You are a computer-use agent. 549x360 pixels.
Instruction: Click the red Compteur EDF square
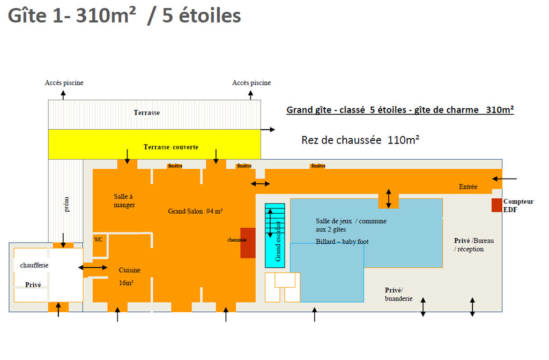click(x=496, y=205)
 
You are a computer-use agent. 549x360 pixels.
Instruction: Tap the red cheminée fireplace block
click(x=248, y=243)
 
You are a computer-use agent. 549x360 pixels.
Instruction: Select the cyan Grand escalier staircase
click(x=275, y=236)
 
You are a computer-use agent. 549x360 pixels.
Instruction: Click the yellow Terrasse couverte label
click(x=171, y=147)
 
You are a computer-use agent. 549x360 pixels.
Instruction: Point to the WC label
click(x=99, y=239)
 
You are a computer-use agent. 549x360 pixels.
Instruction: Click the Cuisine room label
click(x=130, y=270)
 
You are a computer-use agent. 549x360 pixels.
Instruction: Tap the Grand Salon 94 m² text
click(x=195, y=211)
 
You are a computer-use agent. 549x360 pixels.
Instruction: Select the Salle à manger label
click(x=124, y=201)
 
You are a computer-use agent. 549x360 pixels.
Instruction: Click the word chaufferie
click(x=34, y=265)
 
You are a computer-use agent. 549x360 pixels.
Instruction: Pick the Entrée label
click(x=468, y=187)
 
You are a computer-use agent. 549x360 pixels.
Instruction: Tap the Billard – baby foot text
click(x=342, y=242)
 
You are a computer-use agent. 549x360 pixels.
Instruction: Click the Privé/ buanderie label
click(x=398, y=294)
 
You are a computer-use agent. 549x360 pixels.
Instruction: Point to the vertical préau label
click(x=66, y=204)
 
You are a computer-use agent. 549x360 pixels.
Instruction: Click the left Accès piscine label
click(x=64, y=83)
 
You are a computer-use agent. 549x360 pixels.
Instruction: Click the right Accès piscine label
click(x=251, y=83)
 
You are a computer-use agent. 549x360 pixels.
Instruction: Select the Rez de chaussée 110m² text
click(x=360, y=140)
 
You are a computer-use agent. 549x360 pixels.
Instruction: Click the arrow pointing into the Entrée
click(x=504, y=179)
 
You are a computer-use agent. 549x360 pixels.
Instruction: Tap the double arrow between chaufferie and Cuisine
click(x=93, y=268)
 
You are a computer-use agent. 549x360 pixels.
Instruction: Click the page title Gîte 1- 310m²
click(x=72, y=16)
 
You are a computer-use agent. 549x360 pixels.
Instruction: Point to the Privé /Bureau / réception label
click(x=474, y=245)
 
